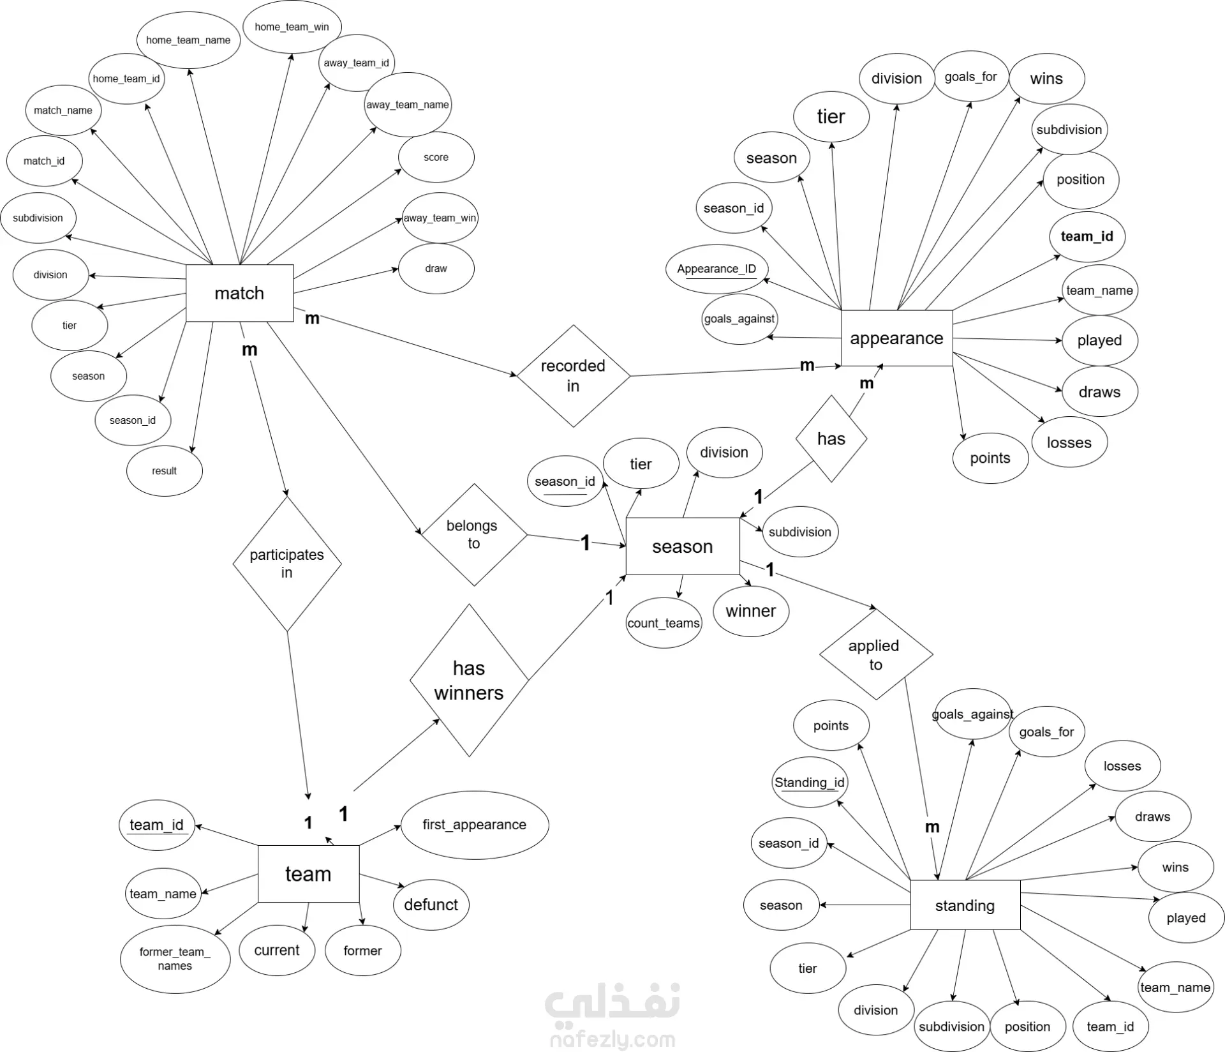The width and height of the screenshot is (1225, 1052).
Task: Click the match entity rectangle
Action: point(239,293)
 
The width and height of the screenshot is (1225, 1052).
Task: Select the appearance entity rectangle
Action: point(896,338)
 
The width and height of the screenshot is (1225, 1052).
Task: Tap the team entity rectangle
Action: point(308,873)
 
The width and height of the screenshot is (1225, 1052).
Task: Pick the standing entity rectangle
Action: point(965,905)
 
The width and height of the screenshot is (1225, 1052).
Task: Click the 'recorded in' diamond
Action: point(573,375)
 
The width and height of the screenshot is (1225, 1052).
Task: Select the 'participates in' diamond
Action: point(286,564)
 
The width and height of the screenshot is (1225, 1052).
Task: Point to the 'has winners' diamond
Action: point(469,680)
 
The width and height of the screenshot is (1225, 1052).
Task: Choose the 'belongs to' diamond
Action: point(473,534)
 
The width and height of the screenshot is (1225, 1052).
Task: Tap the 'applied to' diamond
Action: point(875,655)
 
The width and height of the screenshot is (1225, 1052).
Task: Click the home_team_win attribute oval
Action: point(292,27)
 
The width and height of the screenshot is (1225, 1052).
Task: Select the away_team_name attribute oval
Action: point(408,105)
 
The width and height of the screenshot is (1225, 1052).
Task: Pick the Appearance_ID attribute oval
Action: point(716,269)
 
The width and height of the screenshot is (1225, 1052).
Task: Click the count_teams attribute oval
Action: point(664,623)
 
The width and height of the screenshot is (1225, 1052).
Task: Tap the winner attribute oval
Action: point(751,611)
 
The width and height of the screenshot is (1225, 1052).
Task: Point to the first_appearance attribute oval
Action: point(474,825)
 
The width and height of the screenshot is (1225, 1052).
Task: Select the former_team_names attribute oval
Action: point(175,959)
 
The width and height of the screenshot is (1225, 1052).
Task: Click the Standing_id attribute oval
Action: point(809,782)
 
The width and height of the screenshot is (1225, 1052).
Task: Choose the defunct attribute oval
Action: point(431,905)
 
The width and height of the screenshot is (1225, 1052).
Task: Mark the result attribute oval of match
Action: point(164,471)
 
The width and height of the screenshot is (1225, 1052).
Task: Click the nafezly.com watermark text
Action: point(612,1040)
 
